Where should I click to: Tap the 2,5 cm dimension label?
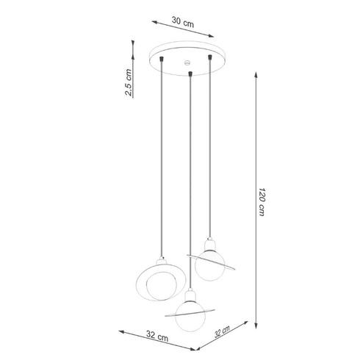[129, 82]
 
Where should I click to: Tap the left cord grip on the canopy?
[161, 57]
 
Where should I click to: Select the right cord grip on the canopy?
[212, 56]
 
